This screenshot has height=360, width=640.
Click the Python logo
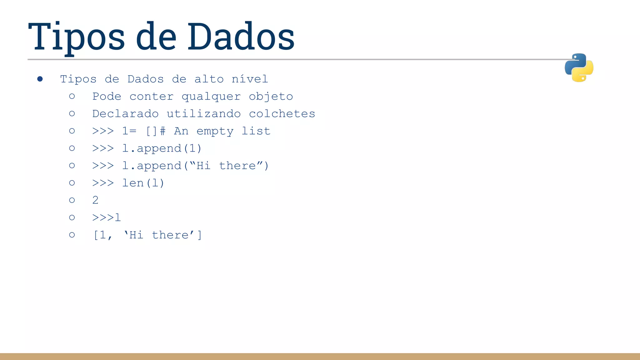(579, 67)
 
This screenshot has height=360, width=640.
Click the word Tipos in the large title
(77, 37)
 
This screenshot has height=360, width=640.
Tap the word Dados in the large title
(241, 37)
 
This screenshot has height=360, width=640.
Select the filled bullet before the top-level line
(40, 79)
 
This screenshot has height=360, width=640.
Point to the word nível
(250, 79)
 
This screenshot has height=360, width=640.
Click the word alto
(209, 79)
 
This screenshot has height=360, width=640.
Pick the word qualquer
(211, 97)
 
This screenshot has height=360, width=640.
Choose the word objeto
(271, 97)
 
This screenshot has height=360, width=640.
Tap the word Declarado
(125, 114)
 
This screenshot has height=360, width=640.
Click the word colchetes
(282, 114)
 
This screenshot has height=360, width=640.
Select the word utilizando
(204, 114)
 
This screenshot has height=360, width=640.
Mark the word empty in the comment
(215, 131)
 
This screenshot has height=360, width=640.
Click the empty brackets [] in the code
(152, 131)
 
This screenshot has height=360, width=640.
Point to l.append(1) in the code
(162, 148)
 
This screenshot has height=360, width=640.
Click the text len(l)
(143, 183)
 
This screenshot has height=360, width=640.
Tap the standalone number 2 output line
(95, 200)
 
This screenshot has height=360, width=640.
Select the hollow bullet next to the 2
(72, 200)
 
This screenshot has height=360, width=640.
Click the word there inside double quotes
(237, 166)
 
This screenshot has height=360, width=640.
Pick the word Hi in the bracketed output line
(136, 235)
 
